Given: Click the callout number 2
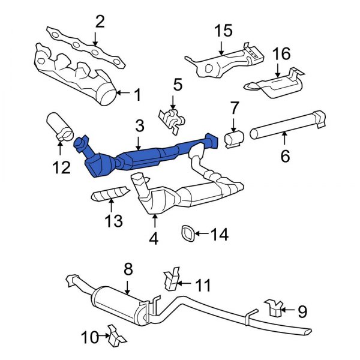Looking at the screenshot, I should (100, 22).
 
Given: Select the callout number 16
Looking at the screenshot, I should (281, 55).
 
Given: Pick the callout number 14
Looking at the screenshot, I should (220, 235).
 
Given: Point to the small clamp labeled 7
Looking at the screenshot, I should (232, 139).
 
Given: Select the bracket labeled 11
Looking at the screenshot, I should (170, 281).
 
